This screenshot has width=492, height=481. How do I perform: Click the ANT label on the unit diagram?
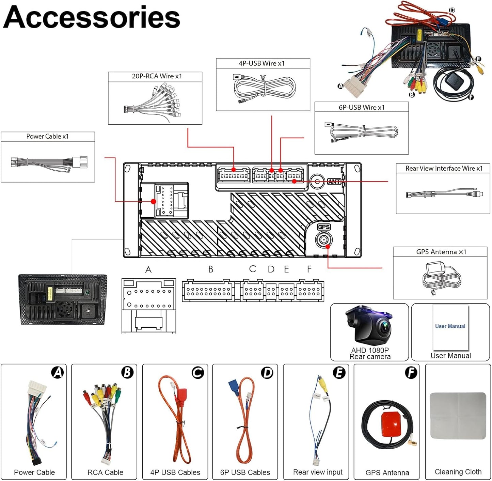click(x=334, y=182)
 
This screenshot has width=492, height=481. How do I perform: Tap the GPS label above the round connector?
click(x=323, y=227)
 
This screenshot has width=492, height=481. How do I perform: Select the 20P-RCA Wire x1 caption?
click(x=157, y=76)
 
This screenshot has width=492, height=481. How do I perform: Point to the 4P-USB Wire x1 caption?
click(x=261, y=63)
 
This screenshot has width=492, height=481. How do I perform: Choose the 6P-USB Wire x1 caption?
click(x=361, y=107)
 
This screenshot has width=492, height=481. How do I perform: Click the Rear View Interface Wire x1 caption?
click(x=444, y=168)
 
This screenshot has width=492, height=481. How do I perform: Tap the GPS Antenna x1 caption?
click(x=441, y=252)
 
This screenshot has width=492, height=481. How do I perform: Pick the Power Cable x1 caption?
click(x=47, y=136)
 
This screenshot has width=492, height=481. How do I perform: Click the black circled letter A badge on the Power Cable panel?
click(x=58, y=372)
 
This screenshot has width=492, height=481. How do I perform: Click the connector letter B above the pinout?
click(x=211, y=269)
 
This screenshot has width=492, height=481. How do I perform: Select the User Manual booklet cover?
click(x=450, y=327)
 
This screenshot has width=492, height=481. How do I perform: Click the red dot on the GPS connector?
click(x=328, y=246)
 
